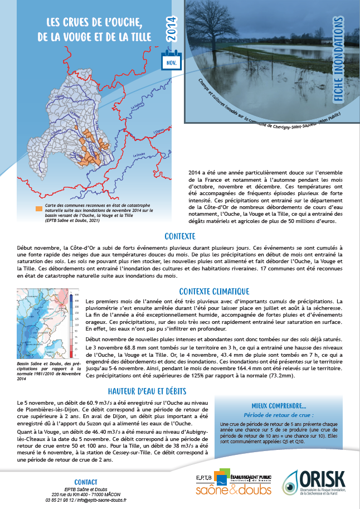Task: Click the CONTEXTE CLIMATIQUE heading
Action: coord(214,291)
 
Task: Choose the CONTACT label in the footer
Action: coord(86,482)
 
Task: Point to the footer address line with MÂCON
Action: coord(85,495)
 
